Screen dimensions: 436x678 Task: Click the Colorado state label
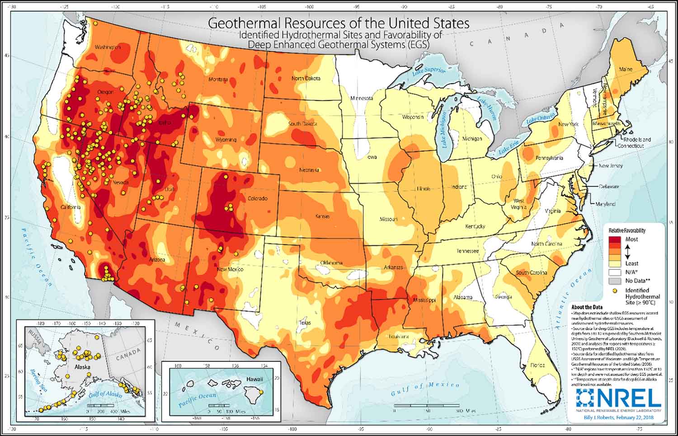click(x=257, y=198)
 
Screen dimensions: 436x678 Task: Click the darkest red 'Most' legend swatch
click(x=615, y=239)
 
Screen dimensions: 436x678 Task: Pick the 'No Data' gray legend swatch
click(x=615, y=281)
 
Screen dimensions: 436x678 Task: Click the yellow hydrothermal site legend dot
click(x=615, y=291)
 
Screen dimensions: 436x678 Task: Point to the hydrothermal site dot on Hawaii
click(x=261, y=392)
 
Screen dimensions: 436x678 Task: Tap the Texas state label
click(x=305, y=323)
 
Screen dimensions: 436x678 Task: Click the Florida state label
click(x=537, y=365)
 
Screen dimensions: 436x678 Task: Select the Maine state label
click(x=626, y=70)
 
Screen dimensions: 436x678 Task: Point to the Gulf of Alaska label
click(x=104, y=394)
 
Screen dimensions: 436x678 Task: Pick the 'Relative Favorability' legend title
click(x=627, y=230)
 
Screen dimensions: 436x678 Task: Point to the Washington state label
click(x=108, y=47)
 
